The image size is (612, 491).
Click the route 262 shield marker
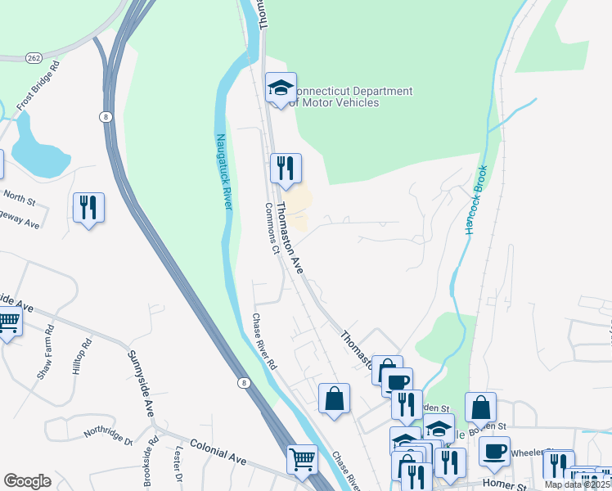(x=34, y=58)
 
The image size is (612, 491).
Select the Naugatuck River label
(x=223, y=172)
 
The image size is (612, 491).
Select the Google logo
(x=27, y=480)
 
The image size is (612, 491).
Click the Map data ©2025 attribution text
(x=578, y=485)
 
